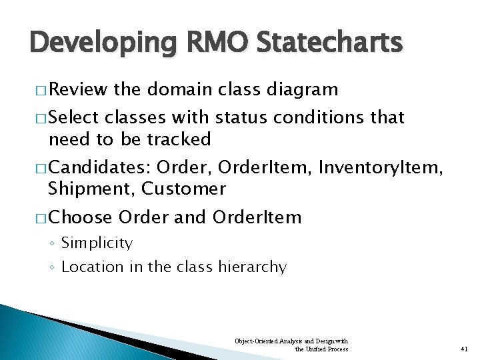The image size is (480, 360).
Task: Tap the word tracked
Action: coord(179,139)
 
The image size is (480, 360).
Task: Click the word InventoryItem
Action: coord(381,167)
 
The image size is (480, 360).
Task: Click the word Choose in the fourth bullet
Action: coord(80,217)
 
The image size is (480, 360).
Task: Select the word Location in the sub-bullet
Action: coord(92,267)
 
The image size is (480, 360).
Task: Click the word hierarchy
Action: coord(254,267)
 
